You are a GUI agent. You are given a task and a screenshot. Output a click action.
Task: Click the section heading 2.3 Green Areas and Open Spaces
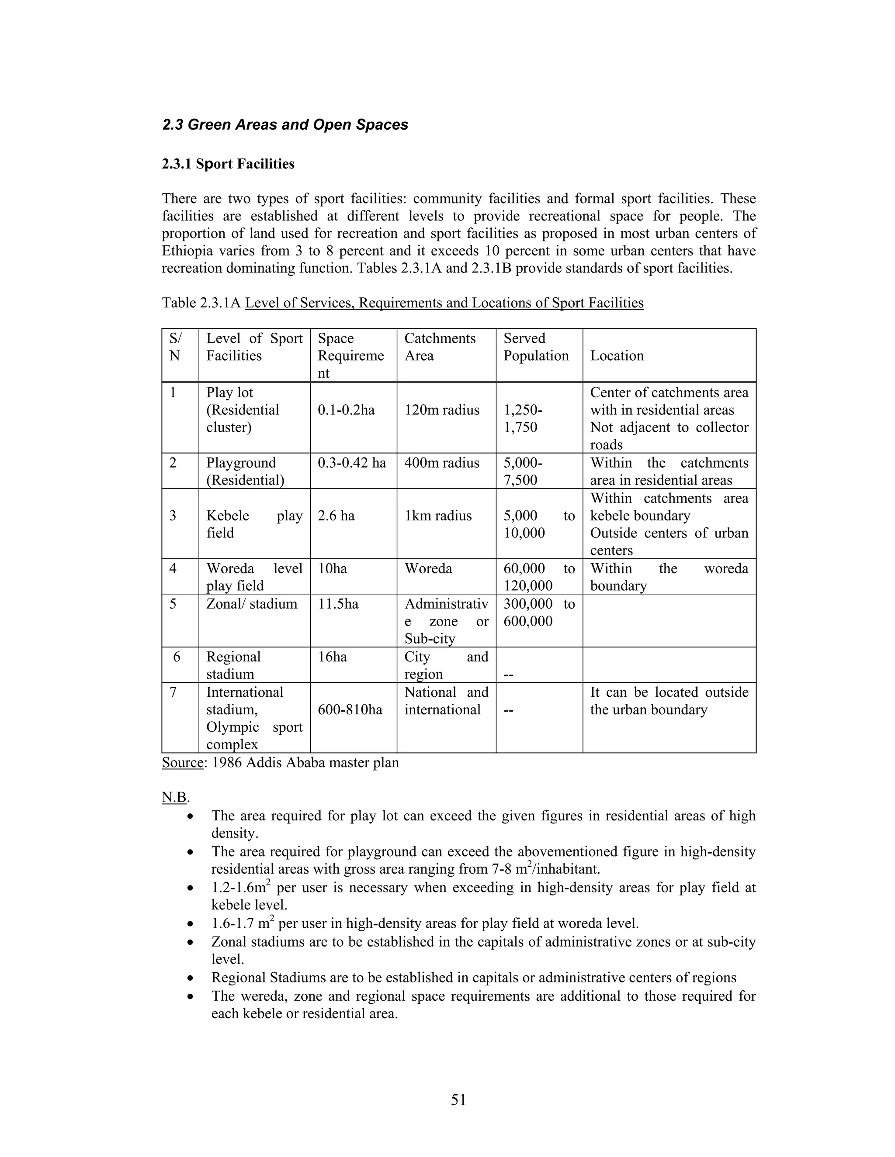coord(285,125)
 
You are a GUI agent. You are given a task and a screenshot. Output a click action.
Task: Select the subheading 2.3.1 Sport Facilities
coord(228,164)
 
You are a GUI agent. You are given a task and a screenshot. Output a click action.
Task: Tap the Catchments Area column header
coord(440,347)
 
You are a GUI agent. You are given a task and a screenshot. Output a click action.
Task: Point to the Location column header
coord(617,355)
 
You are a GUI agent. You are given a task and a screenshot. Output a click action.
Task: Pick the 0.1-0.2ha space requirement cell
coord(346,410)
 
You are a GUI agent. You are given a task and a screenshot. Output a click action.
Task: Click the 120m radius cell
coord(442,410)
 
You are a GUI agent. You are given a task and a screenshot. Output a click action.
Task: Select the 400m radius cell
coord(442,463)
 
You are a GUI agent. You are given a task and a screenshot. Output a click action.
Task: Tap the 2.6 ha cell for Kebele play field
coord(336,516)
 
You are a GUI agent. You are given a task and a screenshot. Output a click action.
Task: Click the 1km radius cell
coord(438,516)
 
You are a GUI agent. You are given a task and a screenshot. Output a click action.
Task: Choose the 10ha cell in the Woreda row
coord(332,568)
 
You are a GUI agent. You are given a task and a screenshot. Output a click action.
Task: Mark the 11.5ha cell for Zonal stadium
coord(338,604)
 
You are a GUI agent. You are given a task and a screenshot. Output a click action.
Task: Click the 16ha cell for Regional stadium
coord(332,657)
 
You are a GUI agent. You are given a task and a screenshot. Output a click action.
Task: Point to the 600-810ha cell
coord(350,710)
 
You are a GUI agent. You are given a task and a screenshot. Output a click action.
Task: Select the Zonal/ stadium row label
coord(251,604)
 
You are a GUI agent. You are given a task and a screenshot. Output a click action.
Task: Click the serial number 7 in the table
coord(173,692)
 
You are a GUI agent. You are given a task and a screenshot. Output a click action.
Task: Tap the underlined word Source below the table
coord(182,763)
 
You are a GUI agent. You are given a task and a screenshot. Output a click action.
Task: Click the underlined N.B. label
coord(174,797)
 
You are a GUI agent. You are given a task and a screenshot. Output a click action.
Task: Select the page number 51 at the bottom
coord(458,1100)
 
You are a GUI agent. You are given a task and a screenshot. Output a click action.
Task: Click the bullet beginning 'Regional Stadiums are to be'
coord(473,978)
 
